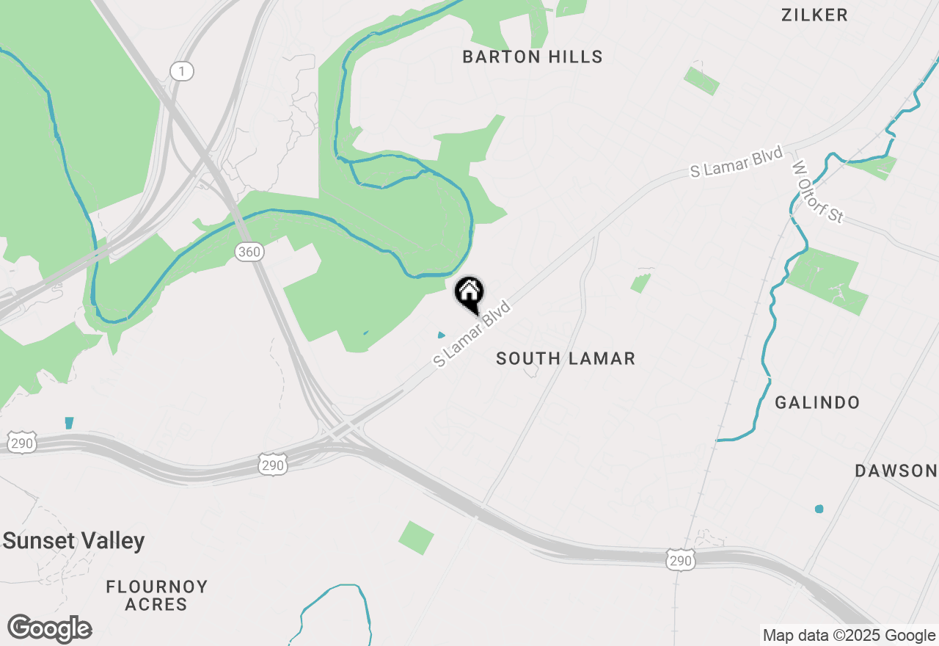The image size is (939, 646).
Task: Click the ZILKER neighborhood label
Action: click(x=814, y=15)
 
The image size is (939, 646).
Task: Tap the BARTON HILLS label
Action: click(x=533, y=57)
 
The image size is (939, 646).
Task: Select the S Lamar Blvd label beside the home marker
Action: click(x=472, y=333)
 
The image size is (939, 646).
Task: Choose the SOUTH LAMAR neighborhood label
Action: click(x=565, y=359)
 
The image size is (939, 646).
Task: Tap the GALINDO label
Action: click(x=817, y=403)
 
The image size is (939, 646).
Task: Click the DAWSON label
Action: click(x=896, y=471)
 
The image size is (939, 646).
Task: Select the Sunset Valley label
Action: click(x=73, y=542)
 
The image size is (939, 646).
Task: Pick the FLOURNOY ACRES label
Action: click(x=156, y=595)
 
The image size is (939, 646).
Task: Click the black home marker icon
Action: click(x=469, y=293)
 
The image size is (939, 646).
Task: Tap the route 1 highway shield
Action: click(x=182, y=71)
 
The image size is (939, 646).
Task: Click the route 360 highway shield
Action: click(x=249, y=252)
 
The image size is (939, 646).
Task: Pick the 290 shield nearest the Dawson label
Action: click(x=680, y=561)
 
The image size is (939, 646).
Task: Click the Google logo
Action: click(x=49, y=629)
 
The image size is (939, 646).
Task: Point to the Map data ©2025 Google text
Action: click(x=849, y=636)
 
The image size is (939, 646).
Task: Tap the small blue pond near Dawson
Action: click(x=819, y=509)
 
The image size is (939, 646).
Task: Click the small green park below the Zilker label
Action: click(x=701, y=81)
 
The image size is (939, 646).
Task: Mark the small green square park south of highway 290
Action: click(x=416, y=537)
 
